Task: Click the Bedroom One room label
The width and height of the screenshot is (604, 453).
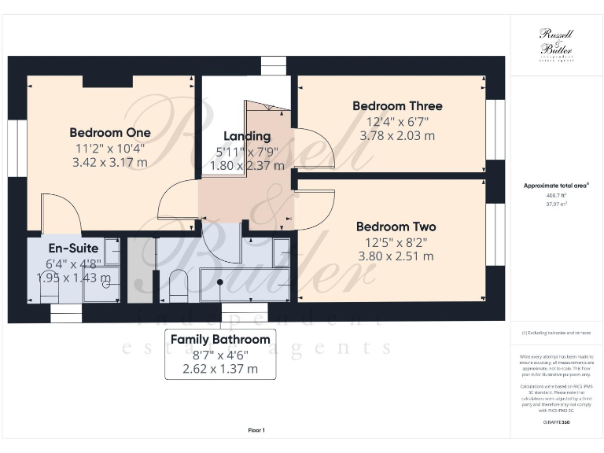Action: click(x=109, y=132)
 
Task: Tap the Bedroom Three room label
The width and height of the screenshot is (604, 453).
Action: click(x=396, y=106)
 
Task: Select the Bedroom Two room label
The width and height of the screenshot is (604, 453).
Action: click(x=395, y=226)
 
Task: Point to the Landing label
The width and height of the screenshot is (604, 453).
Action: click(x=246, y=136)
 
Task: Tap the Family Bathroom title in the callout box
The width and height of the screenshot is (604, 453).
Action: click(x=220, y=340)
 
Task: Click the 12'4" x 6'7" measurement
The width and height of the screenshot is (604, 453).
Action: click(x=396, y=121)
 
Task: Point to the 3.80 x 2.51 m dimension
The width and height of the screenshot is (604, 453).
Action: click(x=396, y=256)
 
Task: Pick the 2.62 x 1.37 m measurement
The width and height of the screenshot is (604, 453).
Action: click(x=220, y=368)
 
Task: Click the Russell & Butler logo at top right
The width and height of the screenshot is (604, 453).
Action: click(x=556, y=43)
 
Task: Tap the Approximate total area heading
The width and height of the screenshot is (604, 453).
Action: click(x=556, y=186)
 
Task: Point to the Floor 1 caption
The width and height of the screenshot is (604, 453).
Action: click(x=256, y=430)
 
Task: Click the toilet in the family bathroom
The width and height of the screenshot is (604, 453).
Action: click(x=179, y=285)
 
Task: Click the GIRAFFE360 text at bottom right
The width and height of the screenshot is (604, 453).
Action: click(x=556, y=423)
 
